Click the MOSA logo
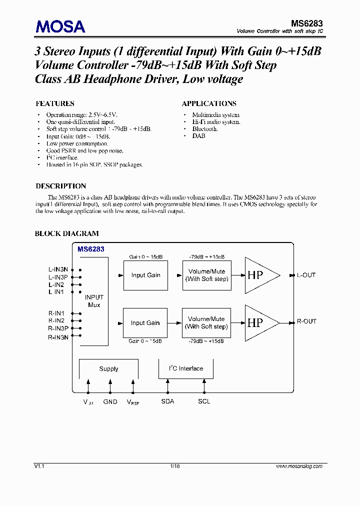tap(60, 26)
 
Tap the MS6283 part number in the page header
tap(306, 23)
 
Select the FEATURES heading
tap(55, 103)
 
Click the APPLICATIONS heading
tap(209, 103)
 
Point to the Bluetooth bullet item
tap(205, 129)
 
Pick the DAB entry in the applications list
tap(198, 136)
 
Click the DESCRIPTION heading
tap(60, 186)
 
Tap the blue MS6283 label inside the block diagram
tap(91, 248)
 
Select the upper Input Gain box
tap(145, 275)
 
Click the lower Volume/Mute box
tap(206, 322)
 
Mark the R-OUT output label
tap(306, 321)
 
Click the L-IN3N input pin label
tap(58, 269)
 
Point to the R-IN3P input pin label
tap(58, 328)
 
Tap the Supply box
tap(108, 369)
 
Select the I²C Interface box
tap(185, 368)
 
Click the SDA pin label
tap(167, 401)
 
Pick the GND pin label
tap(110, 402)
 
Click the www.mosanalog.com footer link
tap(299, 466)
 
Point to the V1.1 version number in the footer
tap(39, 466)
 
